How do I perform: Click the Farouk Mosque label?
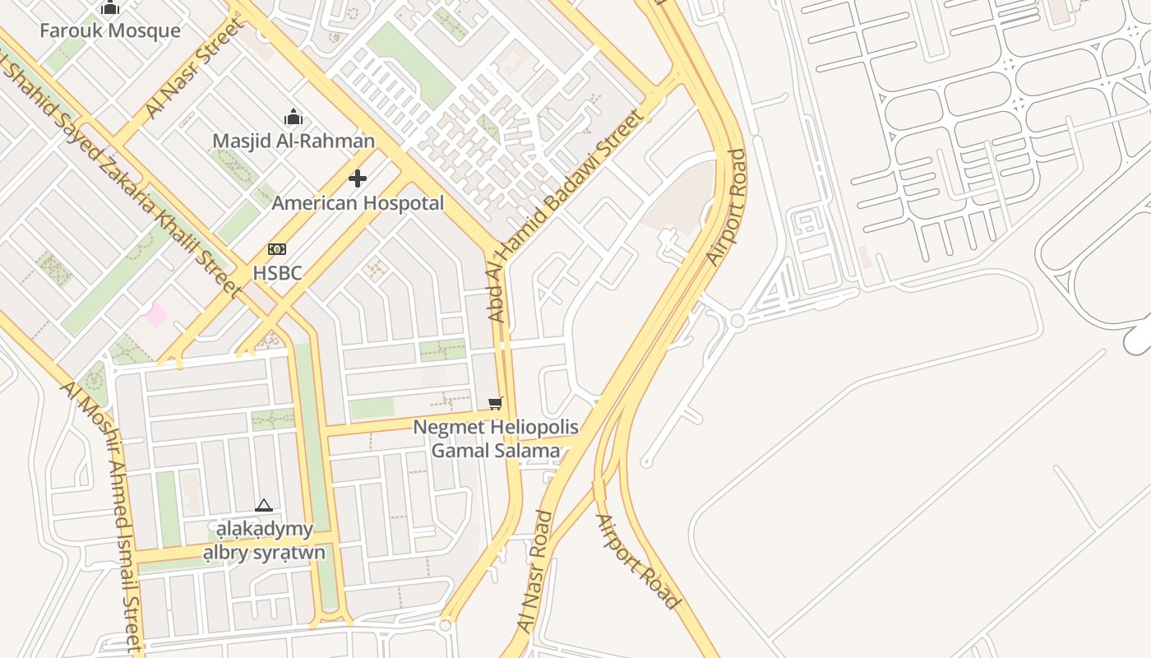point(110,31)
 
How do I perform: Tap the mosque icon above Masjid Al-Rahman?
point(293,118)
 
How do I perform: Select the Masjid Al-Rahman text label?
point(294,141)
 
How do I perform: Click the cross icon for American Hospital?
point(358,178)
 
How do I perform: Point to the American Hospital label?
point(358,202)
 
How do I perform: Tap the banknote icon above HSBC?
point(277,249)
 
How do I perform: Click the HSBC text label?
point(277,272)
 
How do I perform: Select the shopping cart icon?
point(495,403)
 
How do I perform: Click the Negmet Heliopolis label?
point(495,427)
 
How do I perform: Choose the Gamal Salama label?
point(495,451)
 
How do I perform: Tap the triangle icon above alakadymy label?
point(263,505)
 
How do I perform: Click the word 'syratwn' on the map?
point(289,553)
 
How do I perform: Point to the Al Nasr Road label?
point(536,572)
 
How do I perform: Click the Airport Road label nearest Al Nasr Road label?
point(638,562)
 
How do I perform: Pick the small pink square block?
point(155,314)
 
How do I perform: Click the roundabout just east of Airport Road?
point(737,321)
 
